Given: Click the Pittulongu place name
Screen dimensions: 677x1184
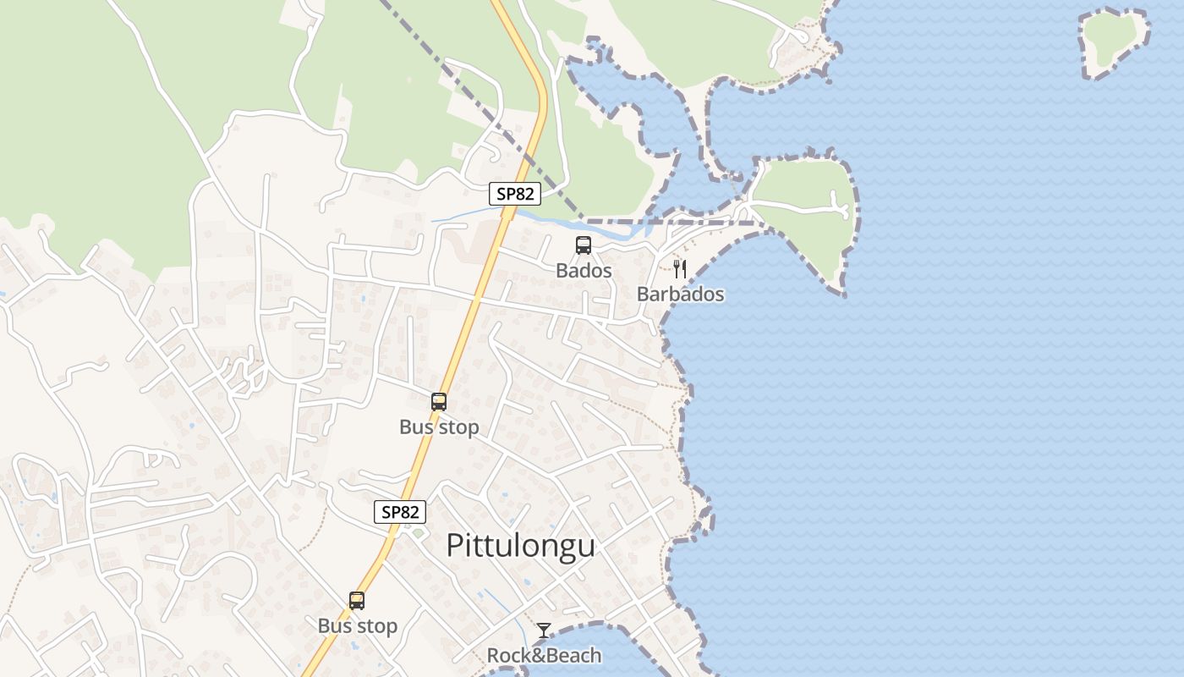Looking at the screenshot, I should point(520,546).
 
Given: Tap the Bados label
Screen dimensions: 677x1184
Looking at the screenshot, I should point(584,271).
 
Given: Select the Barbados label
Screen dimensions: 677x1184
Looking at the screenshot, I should point(680,294).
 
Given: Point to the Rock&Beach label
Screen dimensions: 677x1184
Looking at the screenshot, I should point(544,655).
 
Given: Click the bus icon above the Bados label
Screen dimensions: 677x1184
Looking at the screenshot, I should point(584,245).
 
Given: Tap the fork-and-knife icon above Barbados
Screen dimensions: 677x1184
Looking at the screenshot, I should point(679,269).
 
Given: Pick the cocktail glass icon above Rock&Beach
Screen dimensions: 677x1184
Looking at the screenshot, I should point(544,630).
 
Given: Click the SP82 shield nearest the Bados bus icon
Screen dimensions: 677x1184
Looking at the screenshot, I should point(515,194).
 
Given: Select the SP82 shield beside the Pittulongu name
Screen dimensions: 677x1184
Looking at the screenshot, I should point(399,512).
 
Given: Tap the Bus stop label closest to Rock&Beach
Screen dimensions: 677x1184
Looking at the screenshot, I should point(357,626).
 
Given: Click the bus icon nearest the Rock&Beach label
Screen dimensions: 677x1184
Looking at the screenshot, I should point(357,601).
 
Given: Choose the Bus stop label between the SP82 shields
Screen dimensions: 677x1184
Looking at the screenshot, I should point(439,427).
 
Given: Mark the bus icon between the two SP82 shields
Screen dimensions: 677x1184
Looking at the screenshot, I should point(439,402).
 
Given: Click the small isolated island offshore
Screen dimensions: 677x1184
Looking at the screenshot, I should point(1114,42).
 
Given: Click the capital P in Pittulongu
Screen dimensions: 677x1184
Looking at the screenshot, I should point(455,546).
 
